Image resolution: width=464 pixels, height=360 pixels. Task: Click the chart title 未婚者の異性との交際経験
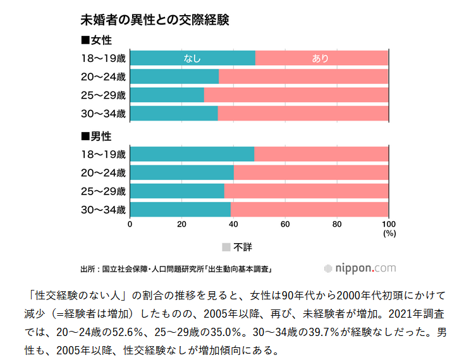[x=154, y=20]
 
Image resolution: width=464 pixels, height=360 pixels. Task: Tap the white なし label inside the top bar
[x=192, y=59]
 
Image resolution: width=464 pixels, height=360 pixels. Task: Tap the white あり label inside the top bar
[x=321, y=59]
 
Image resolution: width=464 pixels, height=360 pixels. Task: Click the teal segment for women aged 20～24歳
[x=174, y=77]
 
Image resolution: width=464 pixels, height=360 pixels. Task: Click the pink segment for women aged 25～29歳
[x=296, y=95]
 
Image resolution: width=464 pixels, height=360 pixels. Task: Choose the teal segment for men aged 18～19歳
[x=192, y=154]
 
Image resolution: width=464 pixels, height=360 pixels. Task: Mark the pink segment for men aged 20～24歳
[x=311, y=172]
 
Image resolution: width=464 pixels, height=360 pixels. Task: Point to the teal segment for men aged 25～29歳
[x=177, y=191]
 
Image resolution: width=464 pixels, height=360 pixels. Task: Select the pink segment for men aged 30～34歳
[x=309, y=210]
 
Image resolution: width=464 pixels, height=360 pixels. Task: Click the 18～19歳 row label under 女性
[x=104, y=59]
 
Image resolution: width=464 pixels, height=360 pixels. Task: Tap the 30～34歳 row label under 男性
[x=104, y=210]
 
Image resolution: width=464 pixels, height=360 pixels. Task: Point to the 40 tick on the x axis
[x=233, y=224]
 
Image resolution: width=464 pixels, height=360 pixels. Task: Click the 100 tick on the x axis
[x=388, y=224]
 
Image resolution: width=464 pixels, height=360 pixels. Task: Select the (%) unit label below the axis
[x=389, y=233]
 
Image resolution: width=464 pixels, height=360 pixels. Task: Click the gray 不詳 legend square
[x=226, y=247]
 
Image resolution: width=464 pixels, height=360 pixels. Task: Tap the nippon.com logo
[x=360, y=268]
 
